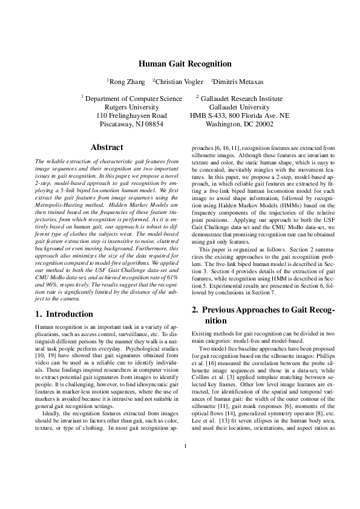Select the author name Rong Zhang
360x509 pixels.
pos(126,81)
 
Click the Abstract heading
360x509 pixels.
pos(106,147)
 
